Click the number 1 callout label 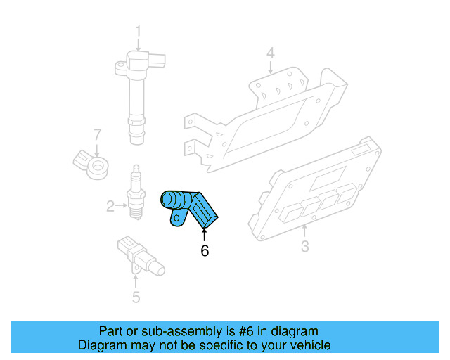tap(138, 31)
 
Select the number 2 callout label tap(110, 206)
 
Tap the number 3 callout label tap(304, 246)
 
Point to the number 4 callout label tap(270, 53)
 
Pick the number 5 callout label tap(136, 297)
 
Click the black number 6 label tap(205, 250)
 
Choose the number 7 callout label tap(98, 134)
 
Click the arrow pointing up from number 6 tap(205, 233)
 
